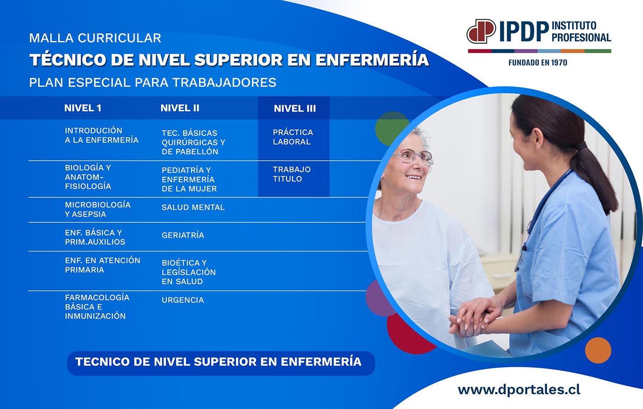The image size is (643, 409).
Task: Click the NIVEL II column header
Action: [x=180, y=108]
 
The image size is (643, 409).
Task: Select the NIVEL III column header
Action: [x=294, y=108]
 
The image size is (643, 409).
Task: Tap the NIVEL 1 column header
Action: [x=83, y=108]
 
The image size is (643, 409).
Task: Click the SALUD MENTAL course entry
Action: [x=193, y=207]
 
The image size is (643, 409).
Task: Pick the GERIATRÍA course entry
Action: [x=183, y=235]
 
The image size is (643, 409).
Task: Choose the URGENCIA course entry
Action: [x=183, y=300]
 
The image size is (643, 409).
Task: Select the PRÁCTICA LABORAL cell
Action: [x=293, y=137]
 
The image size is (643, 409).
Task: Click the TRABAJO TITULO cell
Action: [x=292, y=174]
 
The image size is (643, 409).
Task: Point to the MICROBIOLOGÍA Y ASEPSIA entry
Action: [x=97, y=209]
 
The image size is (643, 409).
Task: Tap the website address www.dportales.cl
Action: [x=519, y=390]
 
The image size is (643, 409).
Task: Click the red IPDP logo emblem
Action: [x=481, y=31]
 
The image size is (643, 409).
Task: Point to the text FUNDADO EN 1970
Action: [x=538, y=62]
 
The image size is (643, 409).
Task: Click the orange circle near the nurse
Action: [x=598, y=350]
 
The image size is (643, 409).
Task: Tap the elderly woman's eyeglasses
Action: [x=413, y=156]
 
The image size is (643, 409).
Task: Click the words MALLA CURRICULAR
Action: [x=95, y=38]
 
